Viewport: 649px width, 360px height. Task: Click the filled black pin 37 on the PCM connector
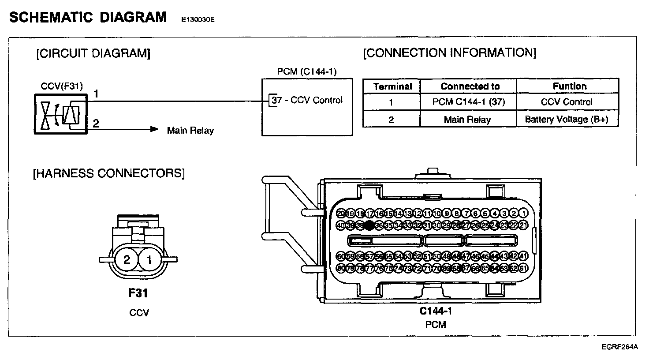(x=369, y=225)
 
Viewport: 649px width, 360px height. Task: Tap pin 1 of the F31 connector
(x=149, y=260)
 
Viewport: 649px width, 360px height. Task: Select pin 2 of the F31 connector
(x=127, y=260)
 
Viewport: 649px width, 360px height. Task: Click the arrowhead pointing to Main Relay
(x=154, y=129)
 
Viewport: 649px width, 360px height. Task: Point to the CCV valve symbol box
(x=60, y=114)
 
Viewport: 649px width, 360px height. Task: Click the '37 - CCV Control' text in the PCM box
(x=307, y=100)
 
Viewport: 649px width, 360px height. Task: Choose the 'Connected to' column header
(x=470, y=86)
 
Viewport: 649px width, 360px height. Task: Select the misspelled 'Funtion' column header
(x=570, y=86)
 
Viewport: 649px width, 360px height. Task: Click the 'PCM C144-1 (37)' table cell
(x=468, y=102)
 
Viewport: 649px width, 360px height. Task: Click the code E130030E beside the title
(x=198, y=20)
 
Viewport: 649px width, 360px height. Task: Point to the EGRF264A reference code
(x=620, y=347)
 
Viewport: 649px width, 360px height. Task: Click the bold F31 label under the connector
(x=138, y=292)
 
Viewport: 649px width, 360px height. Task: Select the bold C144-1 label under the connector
(x=436, y=311)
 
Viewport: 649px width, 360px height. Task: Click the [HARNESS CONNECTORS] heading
(x=109, y=173)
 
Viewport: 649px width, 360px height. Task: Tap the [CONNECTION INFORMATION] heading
(x=450, y=53)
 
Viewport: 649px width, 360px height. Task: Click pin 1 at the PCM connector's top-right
(x=524, y=214)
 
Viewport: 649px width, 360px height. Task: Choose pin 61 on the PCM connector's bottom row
(x=524, y=268)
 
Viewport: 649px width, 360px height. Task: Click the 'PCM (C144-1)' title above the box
(x=307, y=71)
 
